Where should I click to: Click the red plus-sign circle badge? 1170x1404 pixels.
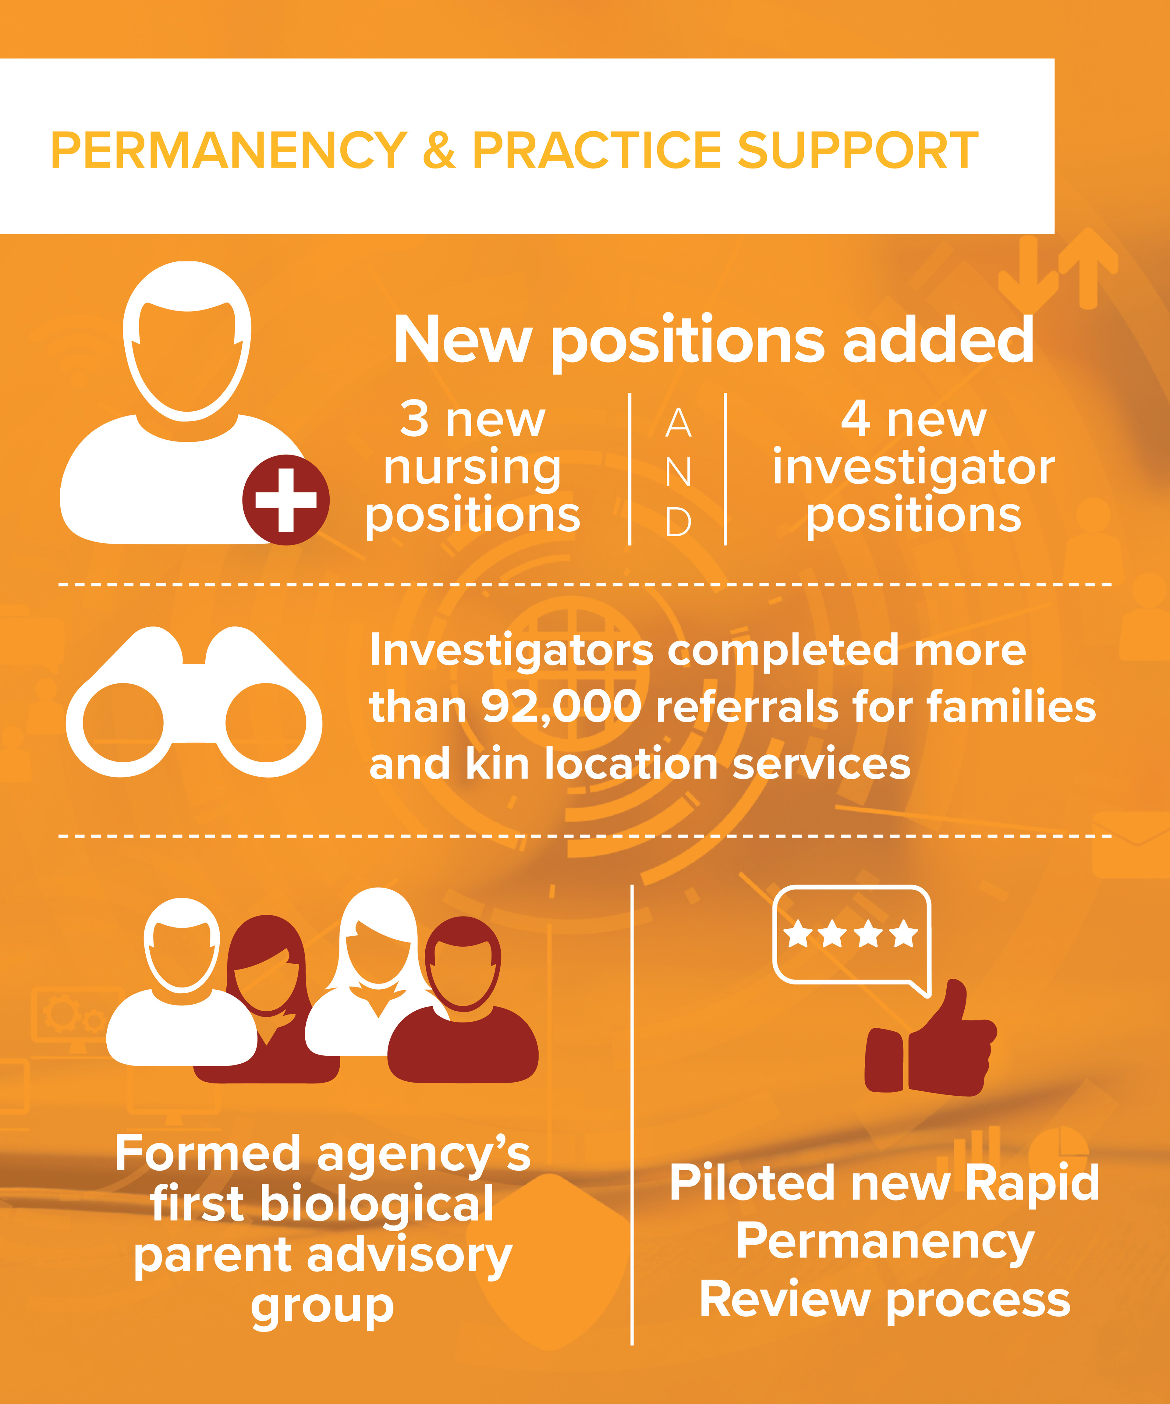point(285,500)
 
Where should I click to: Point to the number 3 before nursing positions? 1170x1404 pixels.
point(414,419)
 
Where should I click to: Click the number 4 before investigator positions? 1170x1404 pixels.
point(856,419)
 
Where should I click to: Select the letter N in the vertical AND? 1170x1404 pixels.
point(678,473)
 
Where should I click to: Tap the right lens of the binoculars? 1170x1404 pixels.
point(265,722)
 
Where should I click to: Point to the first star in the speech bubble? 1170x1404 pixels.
point(798,934)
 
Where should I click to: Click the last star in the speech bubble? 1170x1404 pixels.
point(904,934)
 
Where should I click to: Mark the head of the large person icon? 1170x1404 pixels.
point(187,341)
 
